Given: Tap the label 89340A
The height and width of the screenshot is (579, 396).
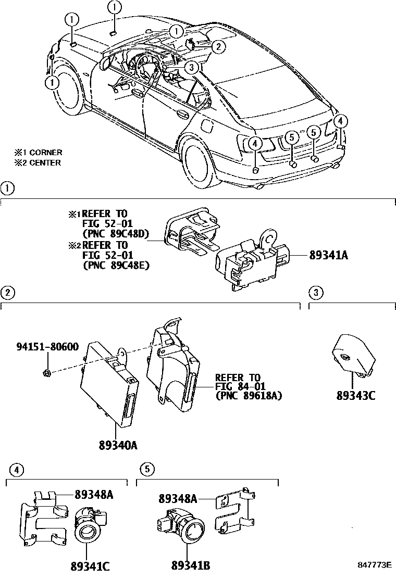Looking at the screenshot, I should [x=119, y=445].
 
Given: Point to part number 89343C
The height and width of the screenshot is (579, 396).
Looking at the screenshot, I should [x=356, y=396].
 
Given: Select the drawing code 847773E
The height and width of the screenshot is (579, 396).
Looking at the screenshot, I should [x=374, y=565].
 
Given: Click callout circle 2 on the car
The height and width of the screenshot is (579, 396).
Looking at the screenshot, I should [x=218, y=47].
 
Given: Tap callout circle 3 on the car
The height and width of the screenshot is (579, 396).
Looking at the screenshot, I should [x=191, y=67].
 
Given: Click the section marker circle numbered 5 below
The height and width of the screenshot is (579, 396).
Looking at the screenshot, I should [x=147, y=469].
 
